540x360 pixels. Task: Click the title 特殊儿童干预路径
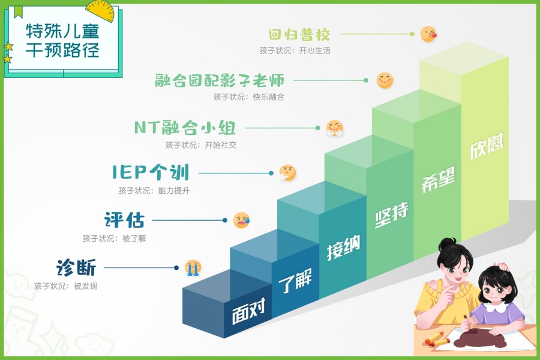coord(62,40)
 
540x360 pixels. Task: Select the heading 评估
coord(124,220)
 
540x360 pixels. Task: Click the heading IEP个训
coord(151,173)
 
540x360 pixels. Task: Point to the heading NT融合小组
coord(185,128)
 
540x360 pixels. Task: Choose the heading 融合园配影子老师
coord(219,80)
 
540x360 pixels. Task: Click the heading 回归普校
coord(300,34)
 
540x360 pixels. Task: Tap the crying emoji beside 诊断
coord(193,268)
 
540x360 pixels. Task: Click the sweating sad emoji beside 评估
coord(241,220)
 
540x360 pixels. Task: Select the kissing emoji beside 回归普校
coord(428,34)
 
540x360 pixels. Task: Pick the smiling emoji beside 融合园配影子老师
coord(385,80)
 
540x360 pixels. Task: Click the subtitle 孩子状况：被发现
coord(65,286)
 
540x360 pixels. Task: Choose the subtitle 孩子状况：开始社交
coord(196,145)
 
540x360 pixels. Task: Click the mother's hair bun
coord(446,244)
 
